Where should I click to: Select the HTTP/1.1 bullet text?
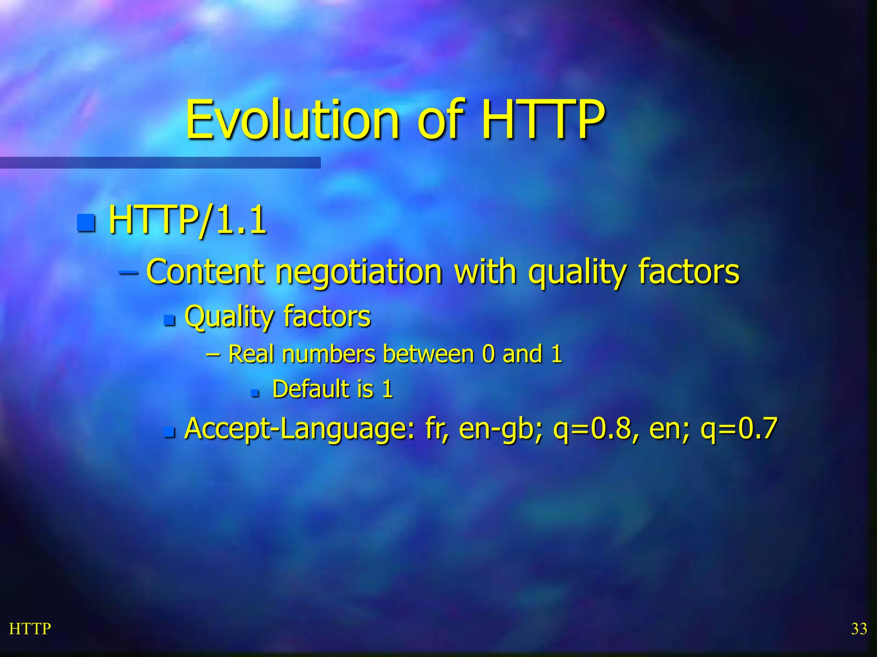click(x=188, y=221)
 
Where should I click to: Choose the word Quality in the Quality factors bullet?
click(x=229, y=317)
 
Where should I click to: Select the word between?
click(x=428, y=354)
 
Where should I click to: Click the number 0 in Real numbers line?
click(x=488, y=354)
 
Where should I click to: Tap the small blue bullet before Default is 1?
click(x=255, y=392)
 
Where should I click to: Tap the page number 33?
click(x=859, y=629)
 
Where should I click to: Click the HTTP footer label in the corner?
click(x=30, y=629)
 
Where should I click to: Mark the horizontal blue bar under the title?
click(x=160, y=163)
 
